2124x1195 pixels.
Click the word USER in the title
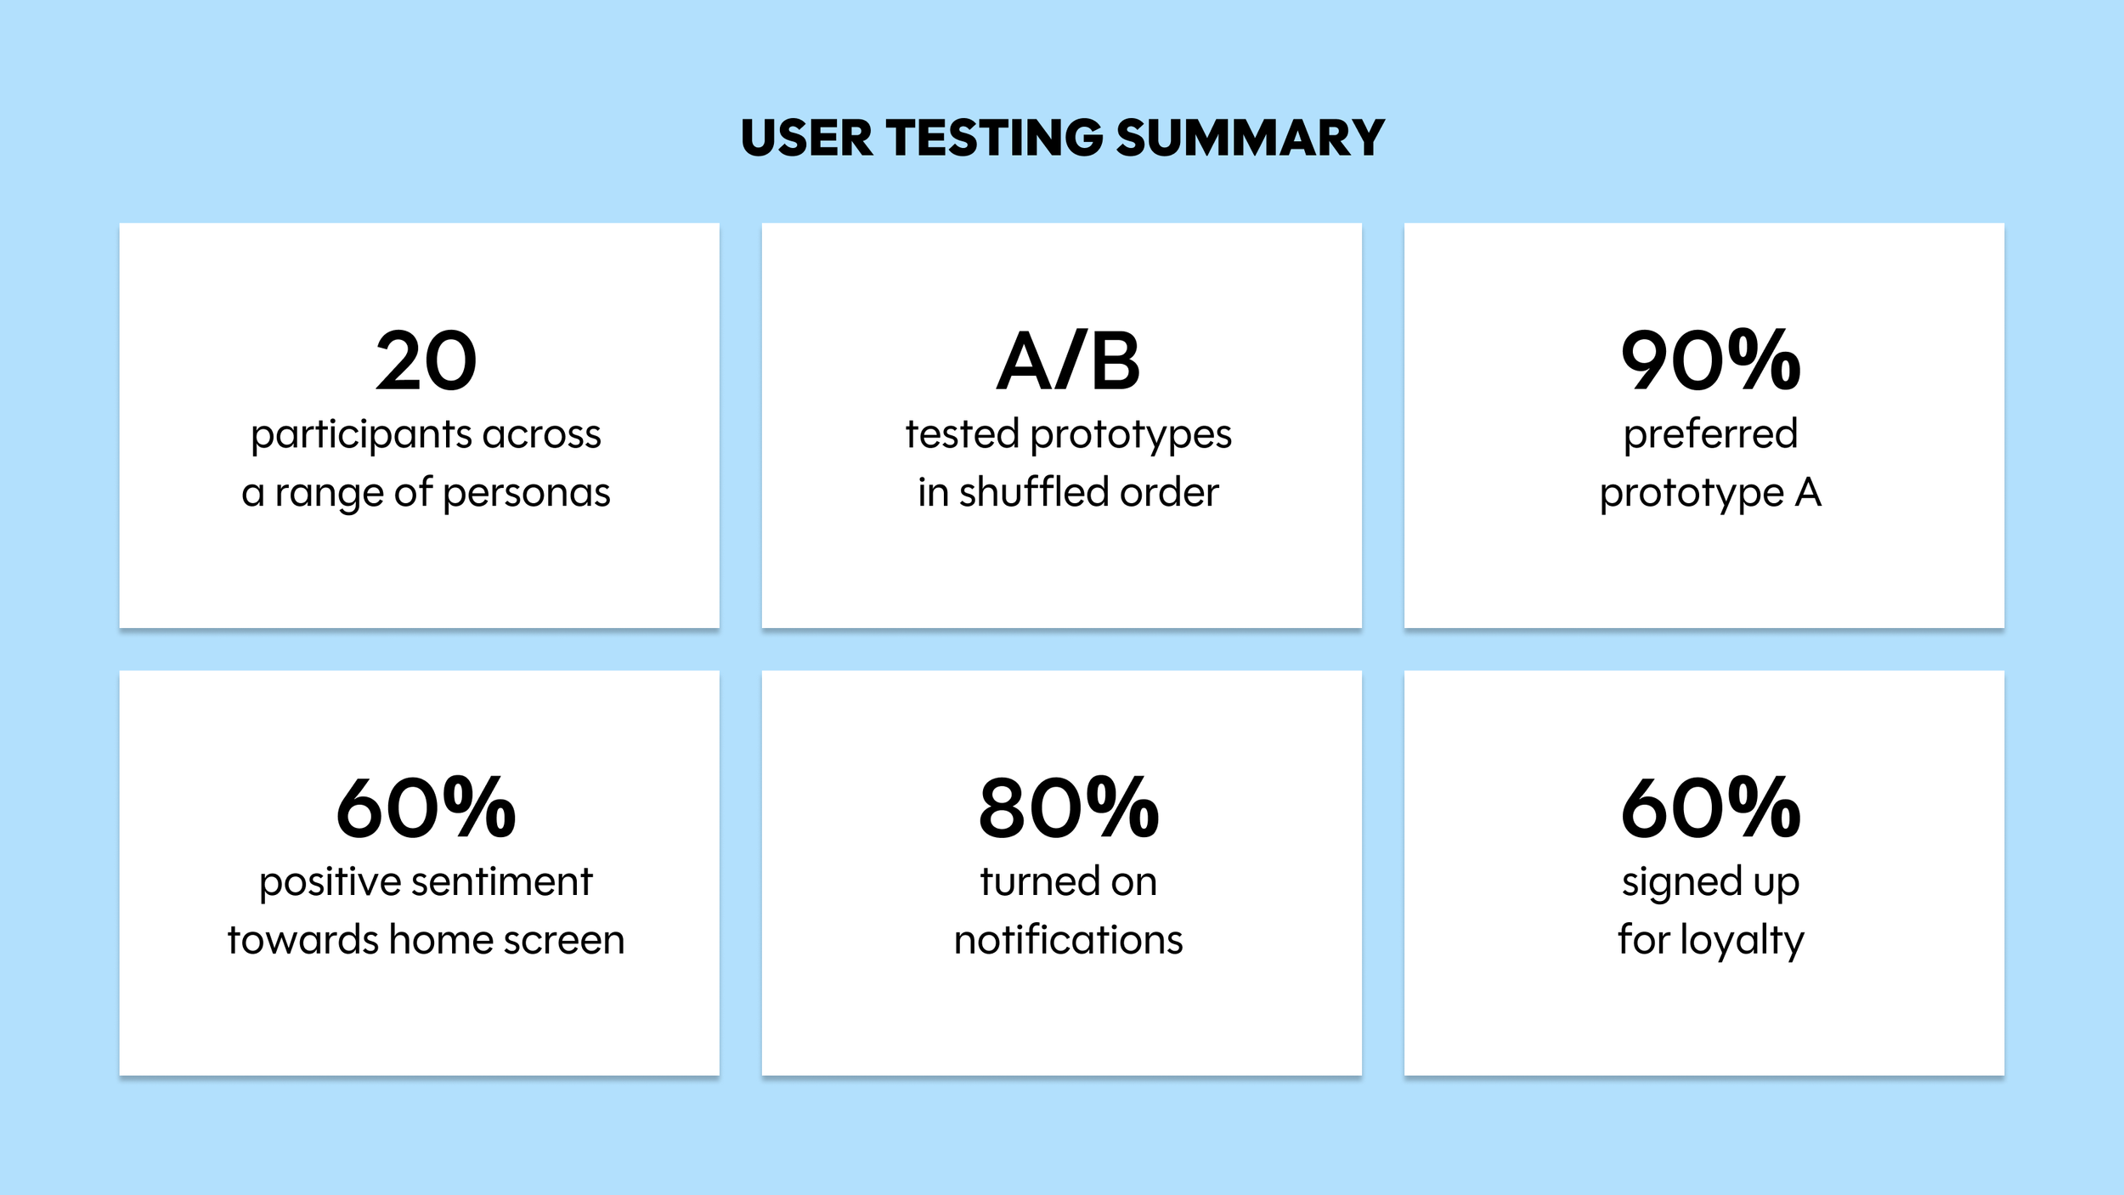pos(807,138)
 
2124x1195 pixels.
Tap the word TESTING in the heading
pos(995,138)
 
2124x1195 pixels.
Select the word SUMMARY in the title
pos(1251,138)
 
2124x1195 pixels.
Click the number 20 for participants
pos(426,361)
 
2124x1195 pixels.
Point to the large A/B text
pos(1068,361)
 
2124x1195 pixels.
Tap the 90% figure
pos(1710,361)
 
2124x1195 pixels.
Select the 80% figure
pos(1068,808)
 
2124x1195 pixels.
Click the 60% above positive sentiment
pos(426,808)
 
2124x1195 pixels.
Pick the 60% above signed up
pos(1710,808)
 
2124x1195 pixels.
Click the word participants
pos(360,436)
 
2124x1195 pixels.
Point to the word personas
pos(526,494)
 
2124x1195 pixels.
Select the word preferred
pos(1710,435)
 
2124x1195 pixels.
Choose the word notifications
pos(1068,940)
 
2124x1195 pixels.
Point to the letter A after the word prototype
pos(1808,492)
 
